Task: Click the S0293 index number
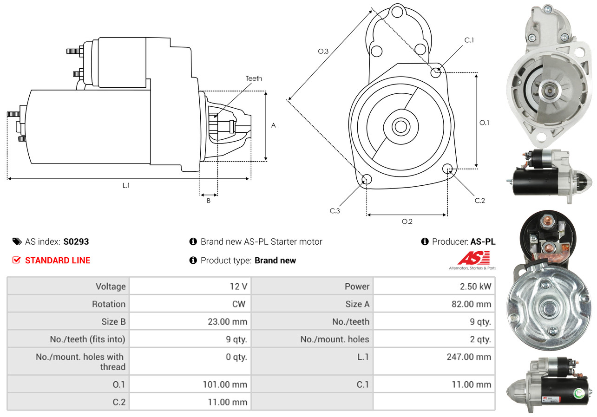point(76,241)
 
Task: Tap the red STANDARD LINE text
point(58,261)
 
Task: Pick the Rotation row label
point(109,304)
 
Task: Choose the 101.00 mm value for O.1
point(225,384)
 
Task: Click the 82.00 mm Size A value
point(471,304)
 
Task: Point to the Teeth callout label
point(254,78)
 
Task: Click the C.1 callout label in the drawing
point(469,40)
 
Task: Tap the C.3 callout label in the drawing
point(335,211)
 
